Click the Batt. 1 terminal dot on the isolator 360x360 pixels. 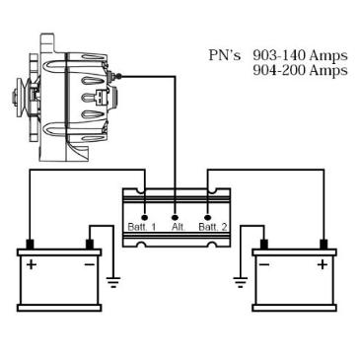(144, 217)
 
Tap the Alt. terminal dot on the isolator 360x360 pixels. (176, 217)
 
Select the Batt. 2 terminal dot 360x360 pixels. (207, 217)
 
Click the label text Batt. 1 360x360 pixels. (142, 227)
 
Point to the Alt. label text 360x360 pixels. (179, 227)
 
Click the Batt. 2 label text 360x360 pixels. (213, 227)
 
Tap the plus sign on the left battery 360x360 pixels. (32, 264)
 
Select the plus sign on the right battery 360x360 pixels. (324, 264)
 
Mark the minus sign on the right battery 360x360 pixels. (264, 264)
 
